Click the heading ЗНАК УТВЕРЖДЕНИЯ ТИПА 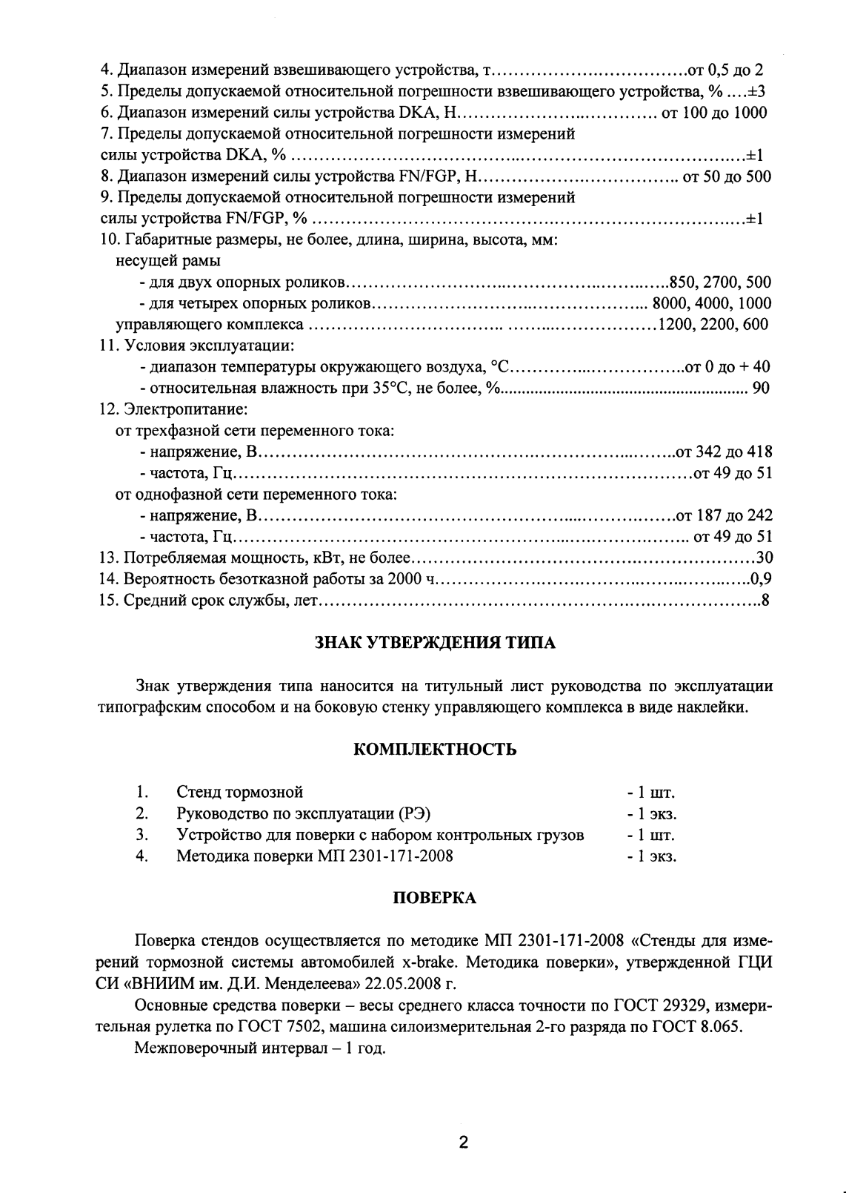pyautogui.click(x=436, y=643)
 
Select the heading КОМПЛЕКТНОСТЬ pyautogui.click(x=436, y=749)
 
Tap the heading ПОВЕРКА pyautogui.click(x=434, y=898)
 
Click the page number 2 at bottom pyautogui.click(x=464, y=1143)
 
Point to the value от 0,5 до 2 pyautogui.click(x=725, y=70)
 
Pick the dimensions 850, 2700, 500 pyautogui.click(x=720, y=282)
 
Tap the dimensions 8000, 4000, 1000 pyautogui.click(x=712, y=303)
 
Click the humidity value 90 pyautogui.click(x=761, y=388)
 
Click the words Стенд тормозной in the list pyautogui.click(x=240, y=793)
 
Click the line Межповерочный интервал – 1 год pyautogui.click(x=260, y=1049)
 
